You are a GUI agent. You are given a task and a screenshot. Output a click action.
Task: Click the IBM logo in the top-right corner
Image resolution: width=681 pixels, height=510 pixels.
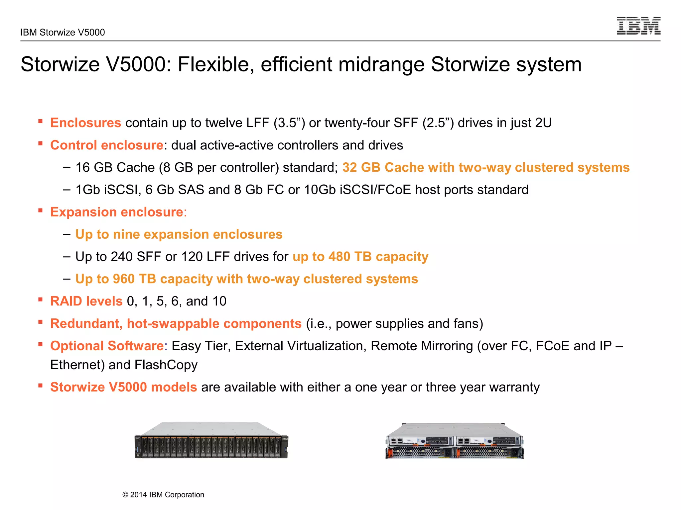638,26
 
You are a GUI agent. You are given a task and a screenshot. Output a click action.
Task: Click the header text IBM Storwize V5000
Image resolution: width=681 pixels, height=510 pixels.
63,33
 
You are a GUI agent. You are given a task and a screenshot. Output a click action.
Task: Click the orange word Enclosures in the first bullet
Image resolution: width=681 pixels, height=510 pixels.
85,123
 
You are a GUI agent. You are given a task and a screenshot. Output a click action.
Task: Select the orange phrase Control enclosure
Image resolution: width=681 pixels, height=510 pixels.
106,145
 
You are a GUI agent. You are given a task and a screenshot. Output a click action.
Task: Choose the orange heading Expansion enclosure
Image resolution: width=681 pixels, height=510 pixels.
116,212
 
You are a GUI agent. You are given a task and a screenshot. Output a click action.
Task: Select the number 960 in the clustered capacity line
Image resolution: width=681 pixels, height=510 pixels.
123,279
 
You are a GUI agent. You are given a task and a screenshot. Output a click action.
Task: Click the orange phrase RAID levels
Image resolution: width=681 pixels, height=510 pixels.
86,301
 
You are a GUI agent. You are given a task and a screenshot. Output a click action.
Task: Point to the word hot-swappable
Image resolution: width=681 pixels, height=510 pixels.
173,324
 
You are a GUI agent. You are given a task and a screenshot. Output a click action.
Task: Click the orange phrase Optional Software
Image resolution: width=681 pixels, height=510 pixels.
107,346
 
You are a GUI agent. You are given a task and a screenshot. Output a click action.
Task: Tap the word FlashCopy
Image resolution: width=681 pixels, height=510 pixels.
166,365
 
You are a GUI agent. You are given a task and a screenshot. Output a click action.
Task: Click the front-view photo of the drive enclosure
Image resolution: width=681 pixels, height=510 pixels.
211,441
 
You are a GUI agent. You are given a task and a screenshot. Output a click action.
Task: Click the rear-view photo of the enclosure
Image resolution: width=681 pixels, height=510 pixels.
455,441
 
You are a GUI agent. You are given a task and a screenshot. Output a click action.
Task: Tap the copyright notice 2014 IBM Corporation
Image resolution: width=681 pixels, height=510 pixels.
163,495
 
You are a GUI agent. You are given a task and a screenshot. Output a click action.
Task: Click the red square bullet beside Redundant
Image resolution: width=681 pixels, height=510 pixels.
40,322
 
